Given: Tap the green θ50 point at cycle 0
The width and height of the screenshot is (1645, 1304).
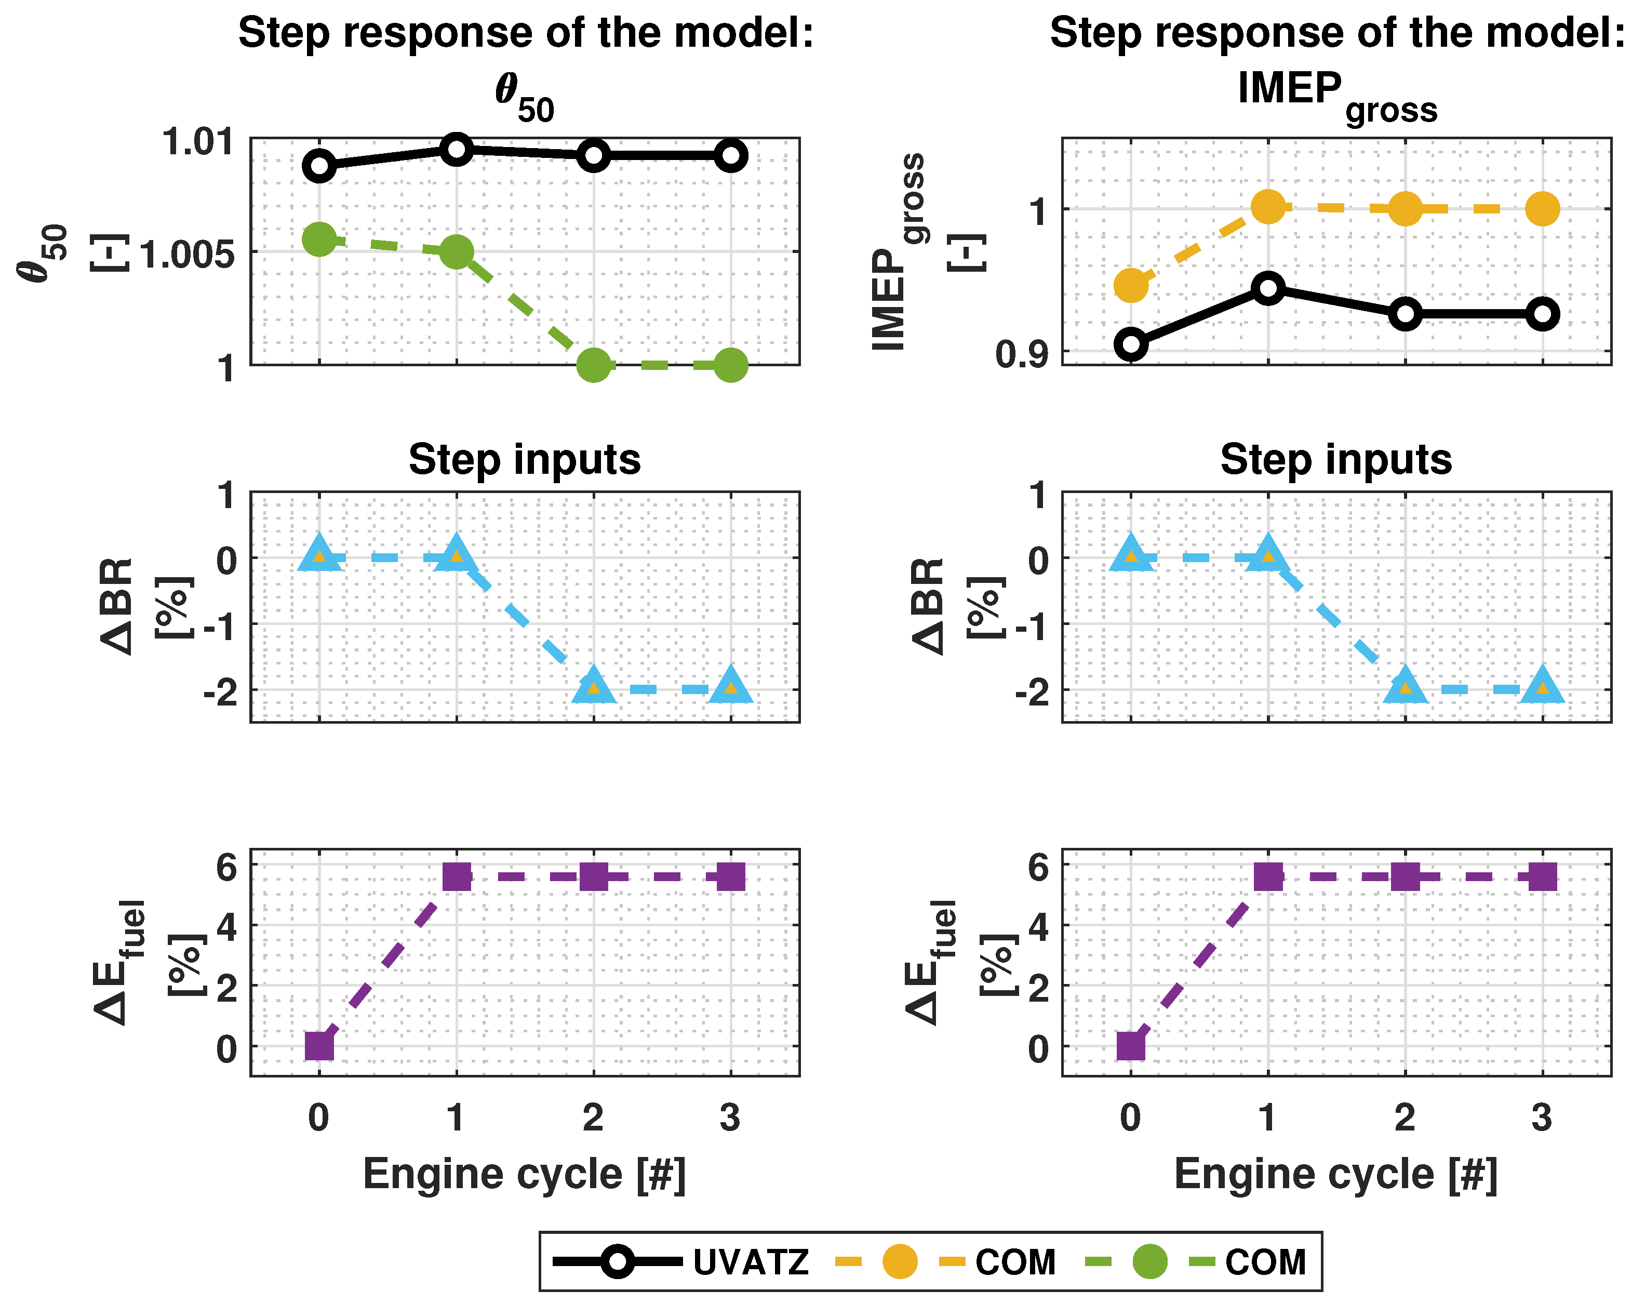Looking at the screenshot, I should pos(319,239).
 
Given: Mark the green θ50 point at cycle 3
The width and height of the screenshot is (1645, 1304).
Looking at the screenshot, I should pos(730,365).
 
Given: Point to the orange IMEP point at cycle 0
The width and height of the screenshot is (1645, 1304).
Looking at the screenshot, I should pos(1131,285).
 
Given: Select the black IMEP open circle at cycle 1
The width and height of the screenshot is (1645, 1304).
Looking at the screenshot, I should pos(1268,288).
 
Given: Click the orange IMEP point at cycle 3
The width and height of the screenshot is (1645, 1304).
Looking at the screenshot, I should pos(1542,208).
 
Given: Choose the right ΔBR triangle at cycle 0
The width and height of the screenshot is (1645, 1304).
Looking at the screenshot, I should pos(1131,554).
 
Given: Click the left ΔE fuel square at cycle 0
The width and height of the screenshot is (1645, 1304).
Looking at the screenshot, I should pos(319,1045).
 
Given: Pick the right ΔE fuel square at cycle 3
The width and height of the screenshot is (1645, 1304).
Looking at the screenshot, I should pos(1542,877).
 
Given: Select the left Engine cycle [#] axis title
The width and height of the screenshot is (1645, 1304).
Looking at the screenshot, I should pos(524,1174).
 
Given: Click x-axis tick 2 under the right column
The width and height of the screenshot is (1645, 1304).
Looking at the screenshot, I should pos(1405,1118).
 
